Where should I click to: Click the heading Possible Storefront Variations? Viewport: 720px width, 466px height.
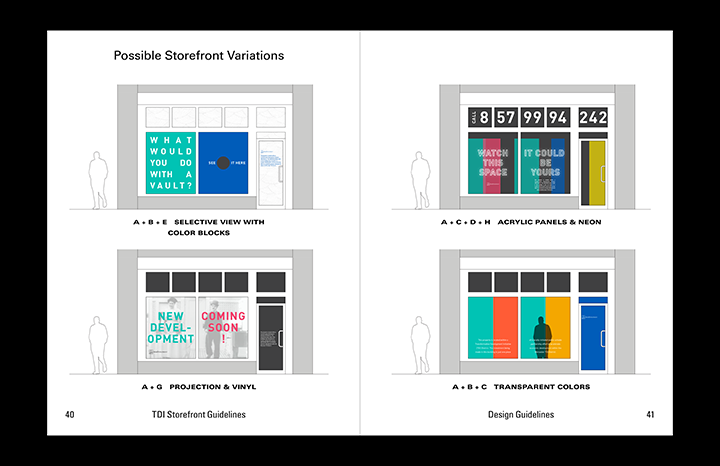pyautogui.click(x=198, y=56)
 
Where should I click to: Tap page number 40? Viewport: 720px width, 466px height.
pyautogui.click(x=69, y=415)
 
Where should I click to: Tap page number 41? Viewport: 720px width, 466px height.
pyautogui.click(x=649, y=415)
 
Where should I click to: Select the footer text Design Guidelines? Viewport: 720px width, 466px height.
pyautogui.click(x=521, y=415)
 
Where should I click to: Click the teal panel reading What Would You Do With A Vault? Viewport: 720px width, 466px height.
pyautogui.click(x=171, y=162)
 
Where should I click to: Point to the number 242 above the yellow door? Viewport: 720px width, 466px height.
pyautogui.click(x=593, y=118)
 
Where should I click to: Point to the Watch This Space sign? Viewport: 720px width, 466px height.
pyautogui.click(x=493, y=162)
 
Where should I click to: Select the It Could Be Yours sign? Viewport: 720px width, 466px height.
pyautogui.click(x=545, y=162)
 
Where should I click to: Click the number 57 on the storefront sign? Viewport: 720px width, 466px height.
pyautogui.click(x=507, y=118)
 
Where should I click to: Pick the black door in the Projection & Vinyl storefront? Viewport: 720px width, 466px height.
pyautogui.click(x=271, y=333)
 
